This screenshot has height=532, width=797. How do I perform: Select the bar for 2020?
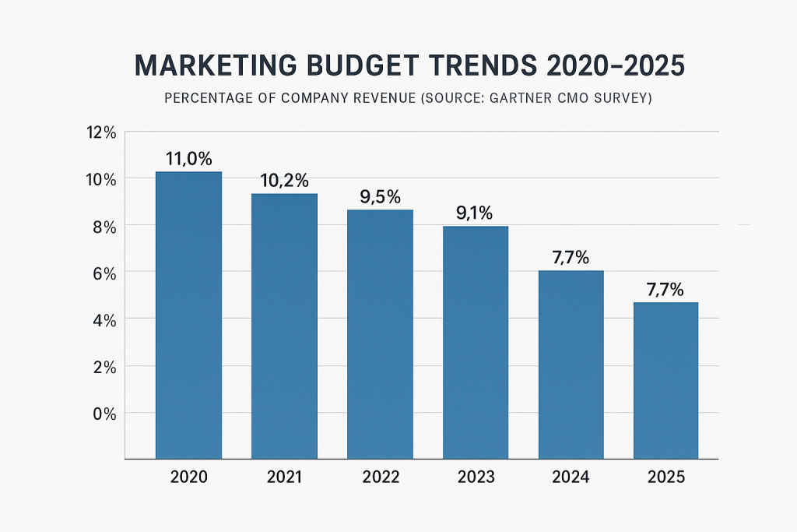tap(188, 315)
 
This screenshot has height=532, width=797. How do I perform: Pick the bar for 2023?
tap(475, 342)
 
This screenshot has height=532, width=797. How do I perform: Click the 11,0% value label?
tap(188, 159)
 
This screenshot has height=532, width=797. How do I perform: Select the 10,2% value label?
tap(284, 181)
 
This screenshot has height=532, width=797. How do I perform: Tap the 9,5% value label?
tap(380, 197)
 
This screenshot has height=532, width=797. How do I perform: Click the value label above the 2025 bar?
tap(665, 291)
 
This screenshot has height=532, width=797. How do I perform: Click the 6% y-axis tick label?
tap(102, 273)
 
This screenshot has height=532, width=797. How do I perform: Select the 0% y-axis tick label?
tap(102, 414)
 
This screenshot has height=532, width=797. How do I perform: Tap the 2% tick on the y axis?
tap(102, 366)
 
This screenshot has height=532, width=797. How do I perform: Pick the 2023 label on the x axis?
tap(475, 477)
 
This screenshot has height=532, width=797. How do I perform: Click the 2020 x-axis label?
tap(188, 477)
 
